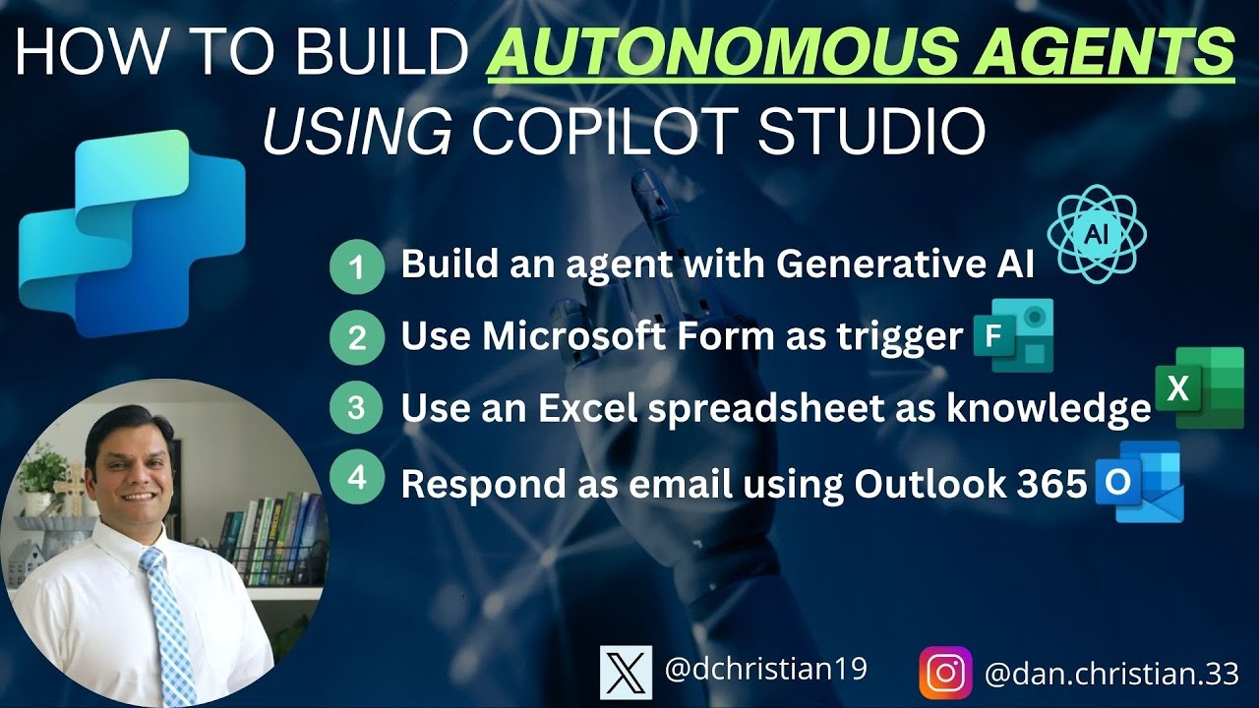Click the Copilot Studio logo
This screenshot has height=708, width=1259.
point(131,233)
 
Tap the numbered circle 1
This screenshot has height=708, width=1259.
point(356,266)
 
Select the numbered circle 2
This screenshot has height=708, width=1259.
point(356,338)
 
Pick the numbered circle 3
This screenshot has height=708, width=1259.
point(356,409)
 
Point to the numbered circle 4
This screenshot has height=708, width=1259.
point(356,480)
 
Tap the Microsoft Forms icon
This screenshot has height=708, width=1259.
point(1012,336)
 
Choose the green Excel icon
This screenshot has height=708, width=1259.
point(1198,387)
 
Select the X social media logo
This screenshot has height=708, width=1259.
point(626,673)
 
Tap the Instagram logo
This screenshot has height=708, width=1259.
point(945,673)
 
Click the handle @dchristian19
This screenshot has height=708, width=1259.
point(766,670)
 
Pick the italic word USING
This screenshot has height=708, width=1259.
point(357,133)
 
